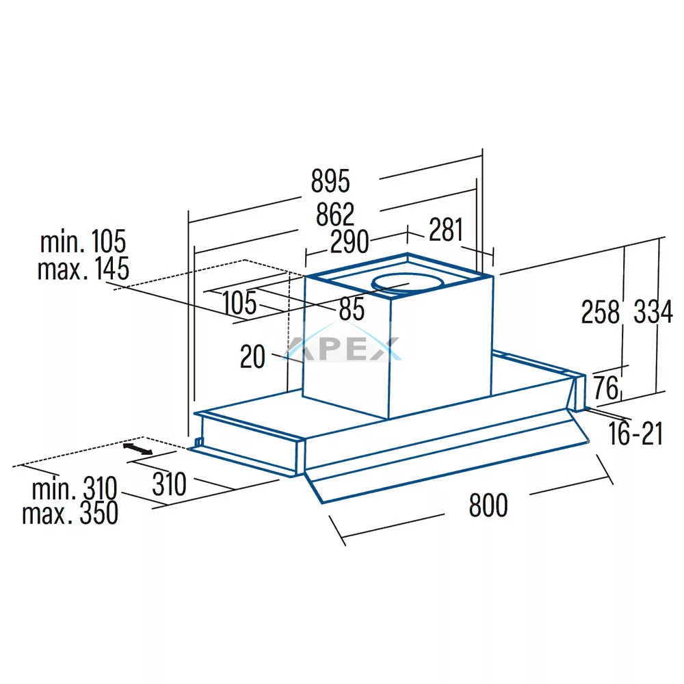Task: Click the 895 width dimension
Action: [330, 181]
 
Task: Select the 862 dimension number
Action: [335, 214]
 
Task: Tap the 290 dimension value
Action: [350, 241]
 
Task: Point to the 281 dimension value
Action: [445, 230]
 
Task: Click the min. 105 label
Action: [83, 241]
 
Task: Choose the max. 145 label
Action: [83, 268]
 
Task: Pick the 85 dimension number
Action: [352, 309]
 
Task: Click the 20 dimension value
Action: [252, 356]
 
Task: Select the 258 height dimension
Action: [601, 312]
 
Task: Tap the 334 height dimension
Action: [653, 312]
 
